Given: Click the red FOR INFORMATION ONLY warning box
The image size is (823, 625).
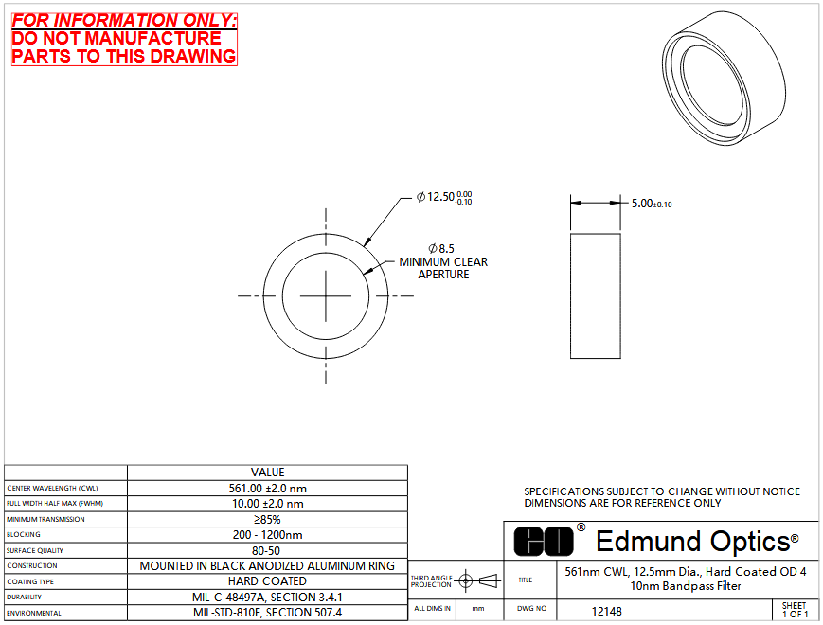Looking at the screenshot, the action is [124, 40].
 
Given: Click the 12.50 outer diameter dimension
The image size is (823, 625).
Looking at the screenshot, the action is [444, 197].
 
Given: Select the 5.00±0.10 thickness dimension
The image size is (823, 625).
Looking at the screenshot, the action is [652, 204].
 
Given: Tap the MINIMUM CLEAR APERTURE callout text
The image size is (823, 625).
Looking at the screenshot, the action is [443, 268].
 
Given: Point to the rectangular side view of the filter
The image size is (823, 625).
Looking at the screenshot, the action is [595, 296].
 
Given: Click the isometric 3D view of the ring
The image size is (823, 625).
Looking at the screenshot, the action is [724, 79].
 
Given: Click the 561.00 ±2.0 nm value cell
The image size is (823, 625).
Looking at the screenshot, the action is [268, 488].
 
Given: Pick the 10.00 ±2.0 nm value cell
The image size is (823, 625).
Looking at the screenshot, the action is [268, 504].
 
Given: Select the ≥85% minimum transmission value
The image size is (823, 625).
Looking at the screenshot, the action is [268, 520].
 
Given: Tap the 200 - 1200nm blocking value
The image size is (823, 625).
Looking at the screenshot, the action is [268, 535].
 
